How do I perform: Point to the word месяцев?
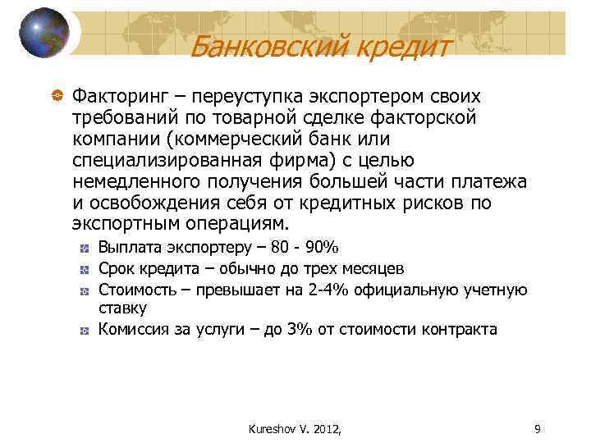click(373, 268)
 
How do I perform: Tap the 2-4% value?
click(313, 290)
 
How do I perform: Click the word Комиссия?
click(134, 330)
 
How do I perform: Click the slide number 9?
click(536, 427)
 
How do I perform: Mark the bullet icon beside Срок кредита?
click(85, 269)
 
